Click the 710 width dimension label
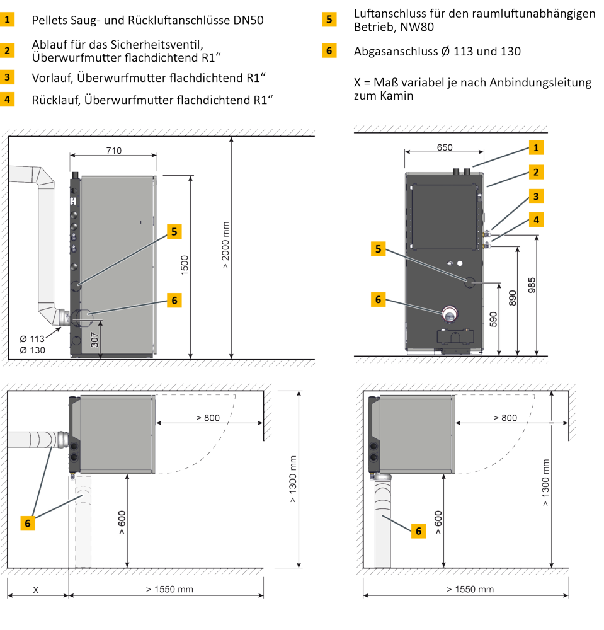tap(113, 151)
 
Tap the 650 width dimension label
tap(445, 147)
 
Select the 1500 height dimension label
tap(185, 265)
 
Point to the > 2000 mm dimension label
tap(225, 245)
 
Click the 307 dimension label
tap(94, 340)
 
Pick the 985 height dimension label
tap(532, 285)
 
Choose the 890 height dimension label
tap(513, 298)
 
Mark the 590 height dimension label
tap(494, 319)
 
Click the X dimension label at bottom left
tap(36, 590)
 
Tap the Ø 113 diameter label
tap(32, 339)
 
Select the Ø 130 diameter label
tap(32, 350)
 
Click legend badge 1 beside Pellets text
tap(7, 20)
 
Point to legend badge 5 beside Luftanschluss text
tap(329, 20)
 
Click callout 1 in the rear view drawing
tap(536, 147)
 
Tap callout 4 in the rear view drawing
tap(536, 220)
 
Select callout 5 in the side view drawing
tap(174, 231)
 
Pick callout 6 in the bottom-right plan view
tap(418, 531)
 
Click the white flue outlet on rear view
tap(450, 314)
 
